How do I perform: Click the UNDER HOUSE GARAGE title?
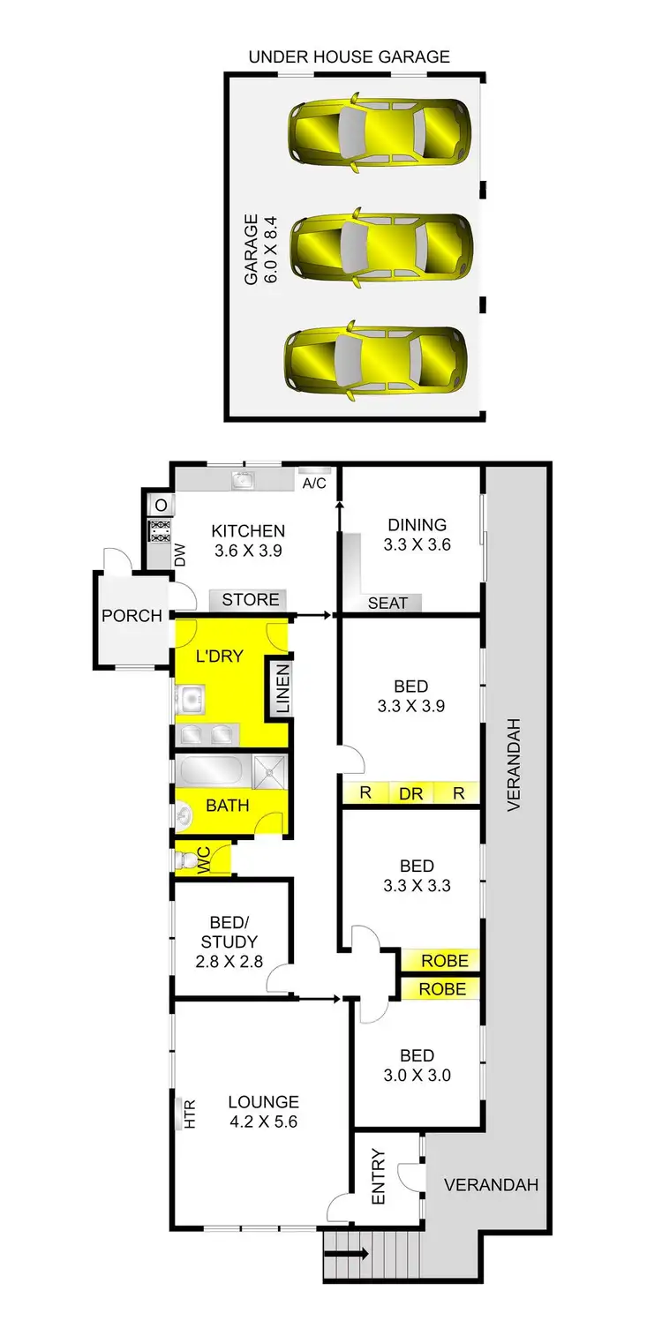[349, 57]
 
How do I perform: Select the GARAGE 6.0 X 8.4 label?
[261, 248]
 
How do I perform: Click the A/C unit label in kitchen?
[313, 484]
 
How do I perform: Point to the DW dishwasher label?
[180, 554]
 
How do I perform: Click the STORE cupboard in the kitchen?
[250, 600]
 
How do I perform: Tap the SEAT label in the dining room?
[387, 603]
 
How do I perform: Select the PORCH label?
[132, 615]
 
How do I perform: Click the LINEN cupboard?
[282, 689]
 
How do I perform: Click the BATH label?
[227, 805]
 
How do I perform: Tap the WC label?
[201, 859]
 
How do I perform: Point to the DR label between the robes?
[410, 793]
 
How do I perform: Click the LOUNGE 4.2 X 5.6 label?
[263, 1112]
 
